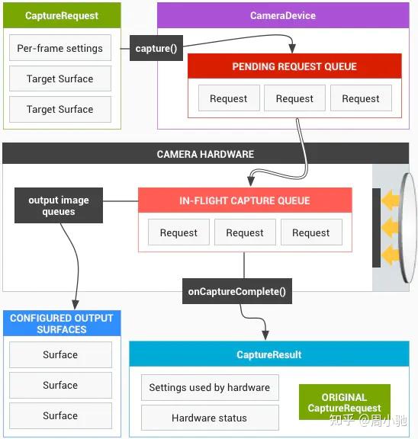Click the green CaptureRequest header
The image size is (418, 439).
(61, 15)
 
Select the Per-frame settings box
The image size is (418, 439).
(60, 48)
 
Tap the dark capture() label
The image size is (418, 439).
(156, 49)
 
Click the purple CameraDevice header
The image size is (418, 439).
(282, 15)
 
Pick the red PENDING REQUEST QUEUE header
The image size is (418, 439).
(294, 67)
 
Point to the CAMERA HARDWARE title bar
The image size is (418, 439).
(205, 154)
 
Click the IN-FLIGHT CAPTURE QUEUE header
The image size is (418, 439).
(245, 200)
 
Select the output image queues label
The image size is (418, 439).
(59, 206)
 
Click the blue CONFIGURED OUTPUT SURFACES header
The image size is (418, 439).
(61, 324)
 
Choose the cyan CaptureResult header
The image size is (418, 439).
(268, 354)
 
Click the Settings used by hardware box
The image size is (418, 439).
(210, 387)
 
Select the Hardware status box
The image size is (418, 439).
(210, 418)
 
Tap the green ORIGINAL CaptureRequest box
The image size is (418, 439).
(344, 402)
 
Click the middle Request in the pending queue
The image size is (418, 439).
(294, 98)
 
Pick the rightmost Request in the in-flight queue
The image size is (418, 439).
(310, 232)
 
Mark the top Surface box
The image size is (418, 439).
(60, 354)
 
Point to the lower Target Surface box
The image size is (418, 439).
(60, 109)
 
